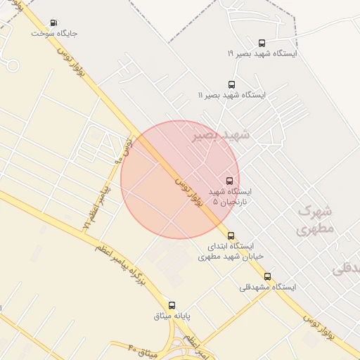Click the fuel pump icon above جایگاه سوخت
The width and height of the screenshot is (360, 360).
click(x=55, y=22)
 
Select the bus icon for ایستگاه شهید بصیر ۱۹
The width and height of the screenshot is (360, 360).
click(x=262, y=43)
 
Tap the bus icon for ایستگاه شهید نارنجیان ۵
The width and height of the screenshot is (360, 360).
click(x=229, y=181)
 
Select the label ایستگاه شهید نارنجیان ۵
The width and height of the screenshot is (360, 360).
click(x=230, y=197)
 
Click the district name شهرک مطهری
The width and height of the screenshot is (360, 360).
click(x=316, y=219)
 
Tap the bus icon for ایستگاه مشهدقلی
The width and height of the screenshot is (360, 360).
click(x=267, y=276)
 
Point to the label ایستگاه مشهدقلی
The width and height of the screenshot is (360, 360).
click(x=268, y=287)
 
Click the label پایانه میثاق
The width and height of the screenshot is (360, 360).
click(x=172, y=316)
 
